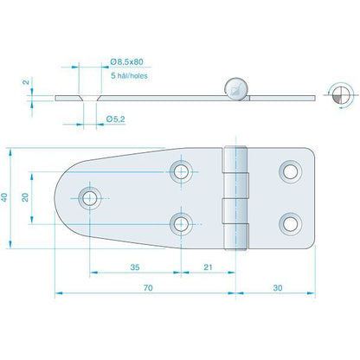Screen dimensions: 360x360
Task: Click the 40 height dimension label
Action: point(7,197)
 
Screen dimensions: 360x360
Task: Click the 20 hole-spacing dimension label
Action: point(26,197)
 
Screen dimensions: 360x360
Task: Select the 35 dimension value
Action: point(134,267)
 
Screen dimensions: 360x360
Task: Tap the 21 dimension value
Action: point(208,267)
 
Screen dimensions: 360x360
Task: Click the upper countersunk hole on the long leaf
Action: point(182,170)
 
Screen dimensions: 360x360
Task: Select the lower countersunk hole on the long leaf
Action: point(182,225)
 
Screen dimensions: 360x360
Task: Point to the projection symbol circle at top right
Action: point(337,95)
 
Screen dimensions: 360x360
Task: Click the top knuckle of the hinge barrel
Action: point(235,161)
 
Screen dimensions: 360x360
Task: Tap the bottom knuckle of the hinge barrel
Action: point(235,232)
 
